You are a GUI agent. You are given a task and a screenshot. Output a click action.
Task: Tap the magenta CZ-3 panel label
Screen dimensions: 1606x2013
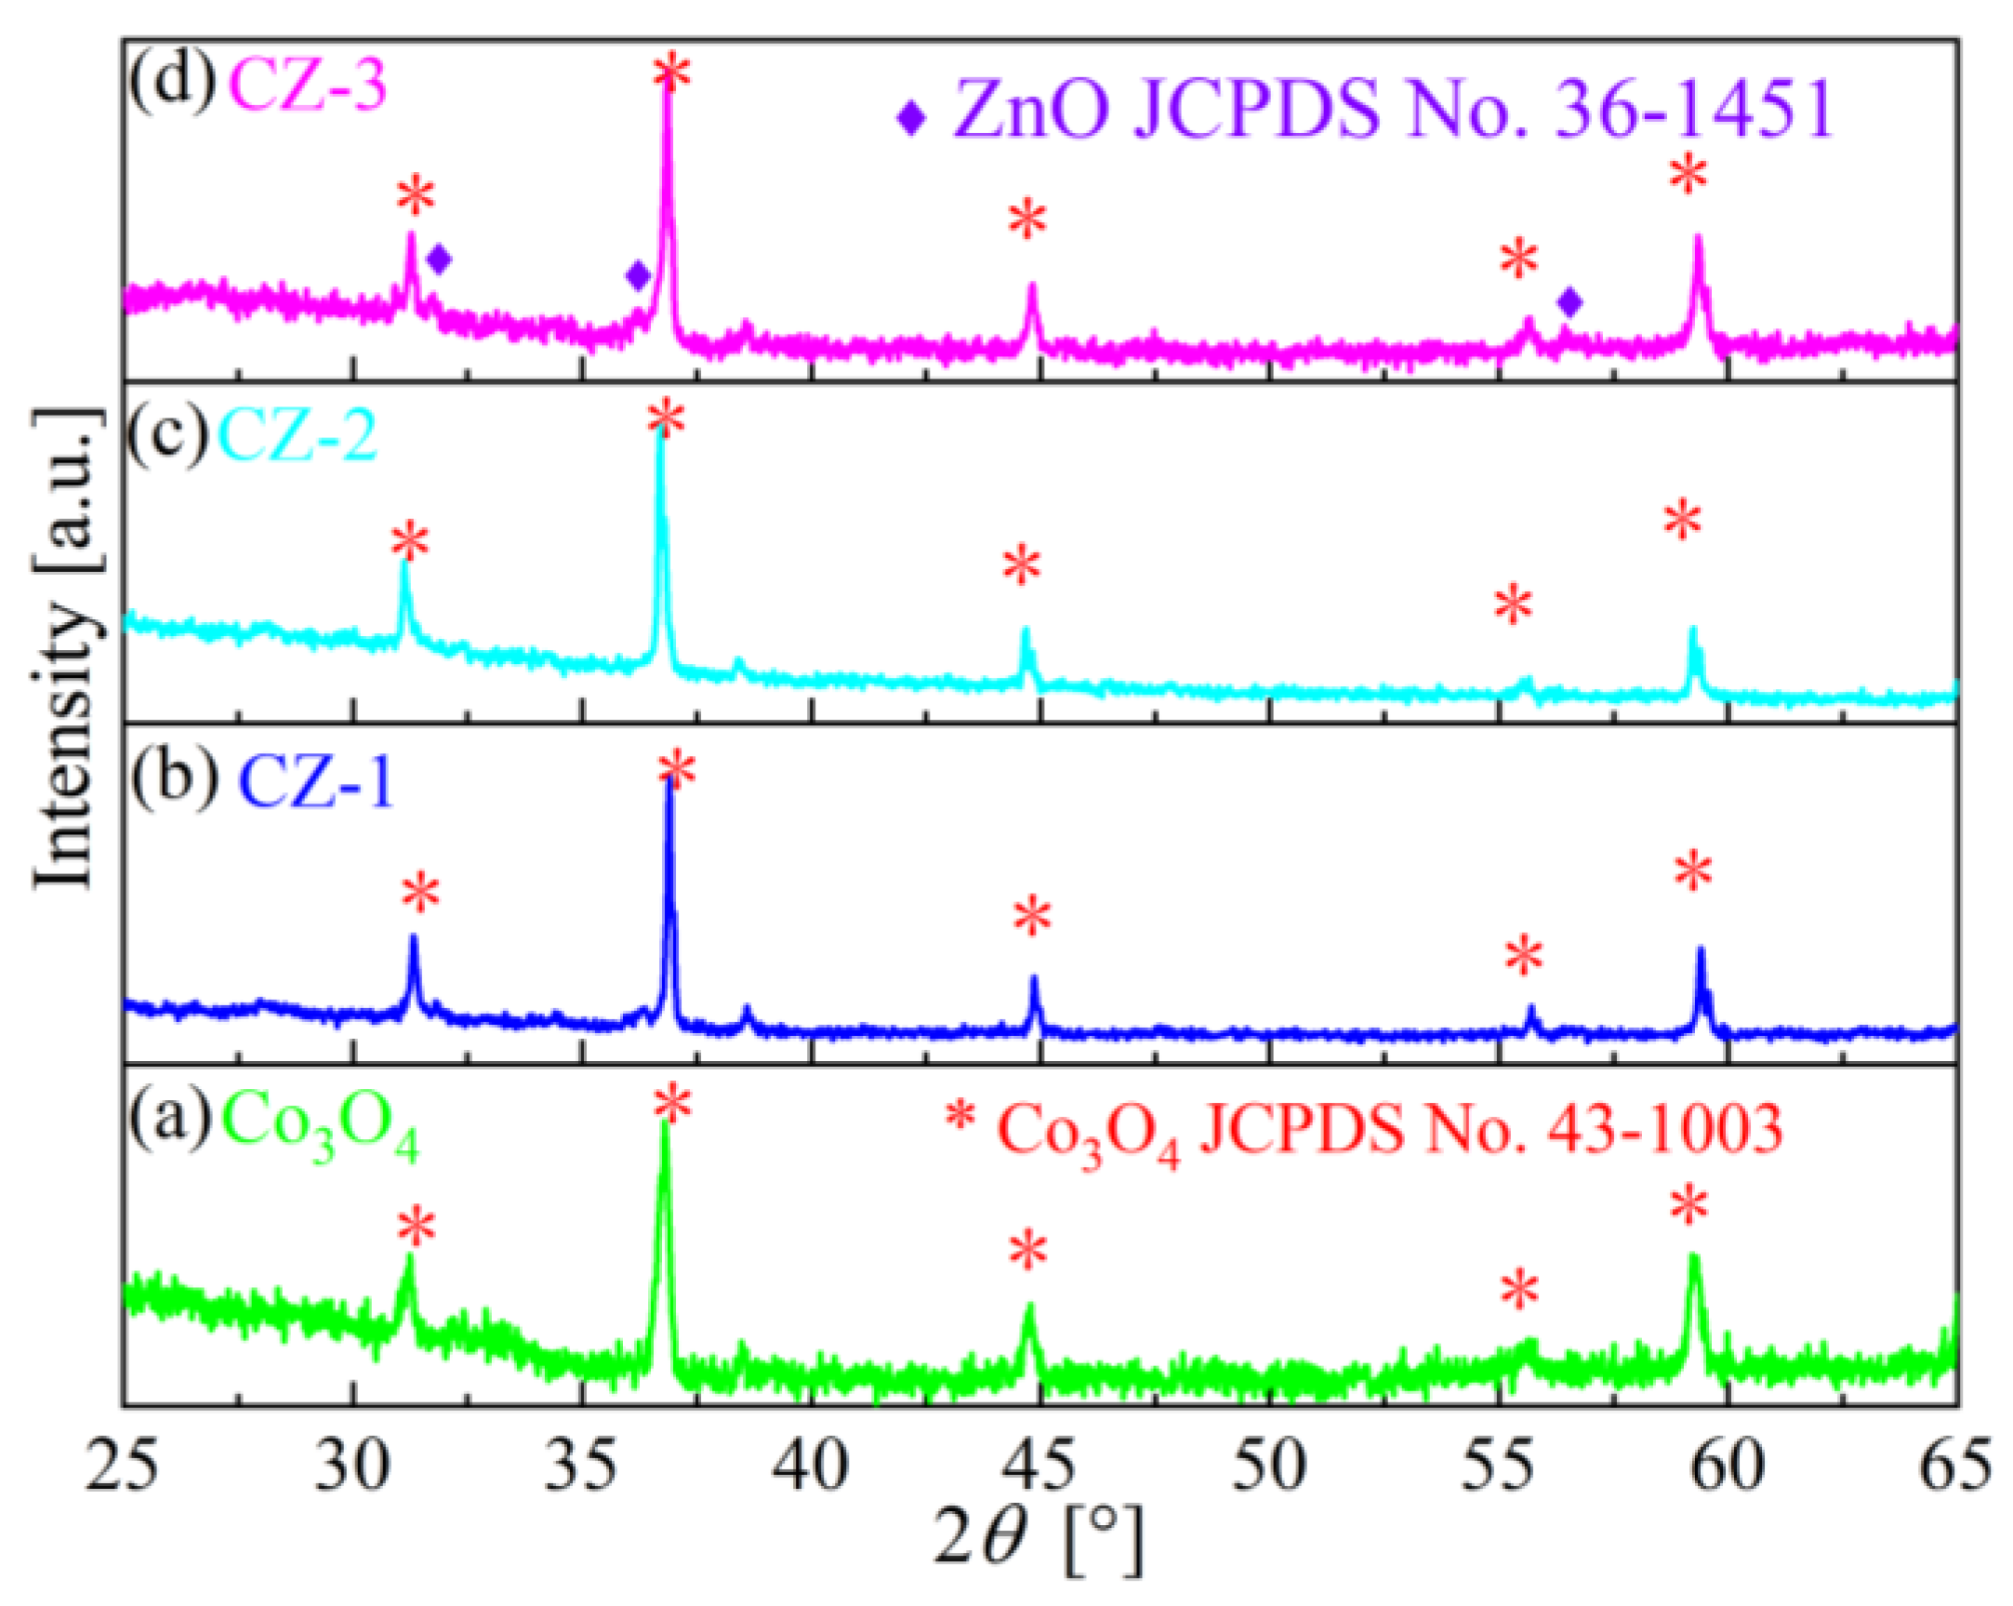pyautogui.click(x=307, y=86)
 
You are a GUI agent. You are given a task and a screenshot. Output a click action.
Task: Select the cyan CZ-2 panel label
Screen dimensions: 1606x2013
pyautogui.click(x=297, y=436)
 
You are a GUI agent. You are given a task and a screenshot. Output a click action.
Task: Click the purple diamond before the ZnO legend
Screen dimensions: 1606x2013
pyautogui.click(x=911, y=118)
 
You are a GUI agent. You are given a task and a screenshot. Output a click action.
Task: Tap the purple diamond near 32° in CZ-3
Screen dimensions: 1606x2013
pyautogui.click(x=439, y=259)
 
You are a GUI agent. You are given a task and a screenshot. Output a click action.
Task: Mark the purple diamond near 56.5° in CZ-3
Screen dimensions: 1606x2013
pyautogui.click(x=1570, y=301)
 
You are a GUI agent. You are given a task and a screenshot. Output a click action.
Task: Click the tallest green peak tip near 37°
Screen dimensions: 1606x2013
pyautogui.click(x=665, y=1124)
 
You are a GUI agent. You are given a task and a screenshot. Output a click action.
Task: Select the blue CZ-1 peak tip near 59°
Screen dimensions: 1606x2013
pyautogui.click(x=1702, y=950)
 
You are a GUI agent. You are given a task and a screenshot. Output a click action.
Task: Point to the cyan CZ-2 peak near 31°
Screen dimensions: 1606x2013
pyautogui.click(x=404, y=563)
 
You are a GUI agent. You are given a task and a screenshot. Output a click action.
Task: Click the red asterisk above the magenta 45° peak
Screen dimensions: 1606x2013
pyautogui.click(x=1028, y=220)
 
